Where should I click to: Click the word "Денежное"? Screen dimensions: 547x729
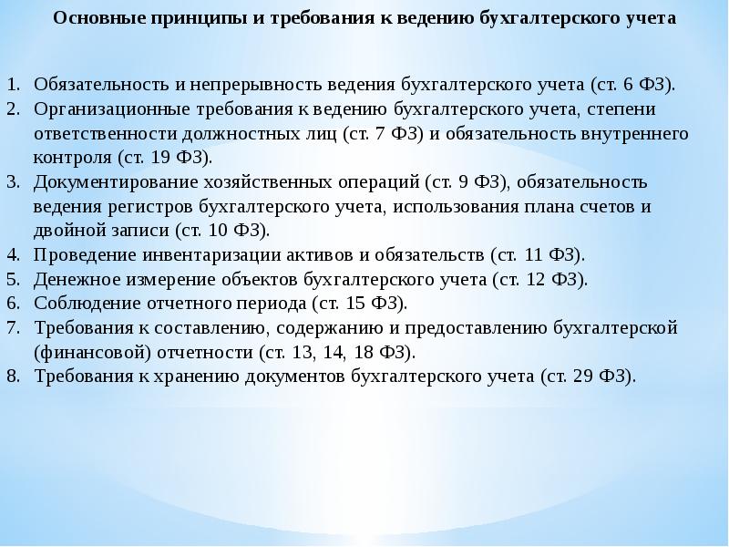pos(75,278)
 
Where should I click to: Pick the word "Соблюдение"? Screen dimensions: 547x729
pos(84,303)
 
